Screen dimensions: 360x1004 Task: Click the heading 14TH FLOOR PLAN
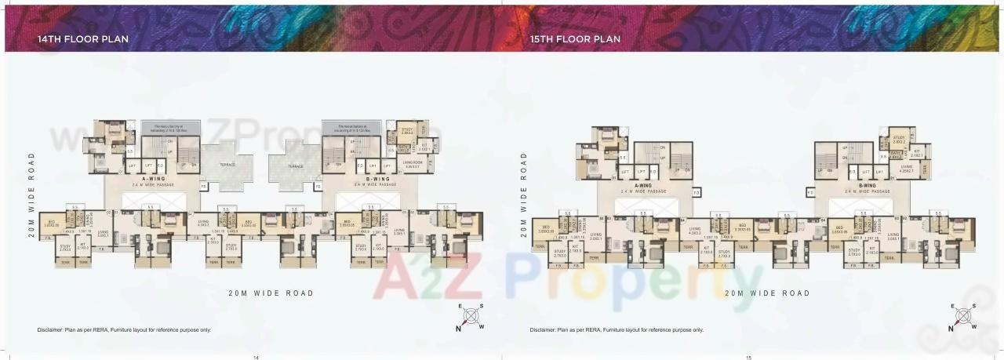coord(83,38)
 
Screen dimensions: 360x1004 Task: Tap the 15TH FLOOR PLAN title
coord(575,38)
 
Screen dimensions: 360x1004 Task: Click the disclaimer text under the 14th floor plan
coord(124,330)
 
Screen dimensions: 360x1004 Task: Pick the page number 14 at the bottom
coord(256,357)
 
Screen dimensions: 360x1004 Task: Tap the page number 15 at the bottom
coord(748,357)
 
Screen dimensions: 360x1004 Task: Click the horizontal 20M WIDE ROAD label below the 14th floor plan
coord(271,293)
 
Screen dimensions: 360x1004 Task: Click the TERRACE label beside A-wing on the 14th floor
coord(227,165)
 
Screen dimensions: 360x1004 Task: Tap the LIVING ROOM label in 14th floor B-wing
coord(412,164)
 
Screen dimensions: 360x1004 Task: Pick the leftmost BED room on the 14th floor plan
coord(51,224)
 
